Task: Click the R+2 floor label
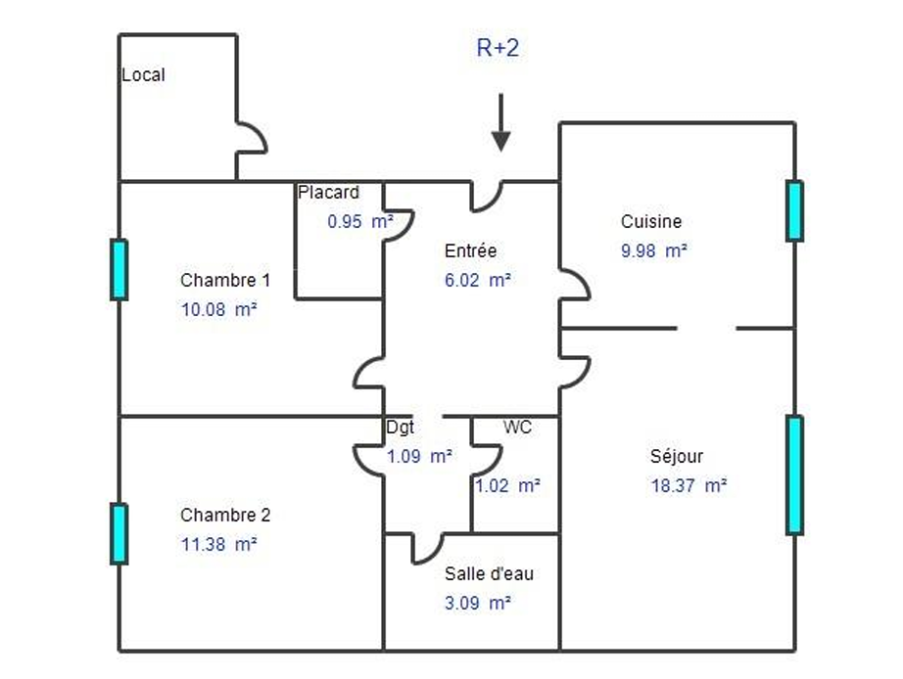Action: (498, 47)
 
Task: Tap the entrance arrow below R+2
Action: (501, 122)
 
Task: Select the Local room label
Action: (143, 74)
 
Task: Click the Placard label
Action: (328, 192)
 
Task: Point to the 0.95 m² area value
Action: (360, 221)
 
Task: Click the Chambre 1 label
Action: (225, 280)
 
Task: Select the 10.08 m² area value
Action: (218, 309)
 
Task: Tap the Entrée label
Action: (470, 250)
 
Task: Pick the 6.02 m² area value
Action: (478, 280)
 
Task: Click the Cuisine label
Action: (651, 221)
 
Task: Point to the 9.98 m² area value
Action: (654, 250)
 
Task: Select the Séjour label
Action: (677, 456)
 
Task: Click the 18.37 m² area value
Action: (689, 485)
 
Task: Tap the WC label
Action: (517, 427)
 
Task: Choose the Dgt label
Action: (401, 427)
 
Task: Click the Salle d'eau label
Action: (489, 573)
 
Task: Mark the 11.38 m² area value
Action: (218, 544)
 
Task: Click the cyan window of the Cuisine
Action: (794, 210)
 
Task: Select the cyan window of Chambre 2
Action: (119, 534)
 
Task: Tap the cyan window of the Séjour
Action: (794, 475)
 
